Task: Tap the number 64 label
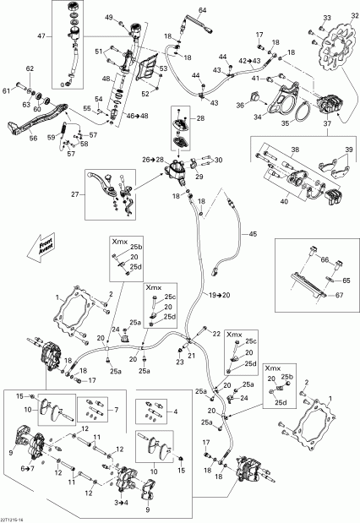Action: pos(202,9)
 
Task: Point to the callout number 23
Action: pos(179,362)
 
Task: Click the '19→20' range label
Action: pos(220,291)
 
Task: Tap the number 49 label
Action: pos(109,18)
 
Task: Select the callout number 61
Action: pos(8,90)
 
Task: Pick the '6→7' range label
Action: pos(27,467)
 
